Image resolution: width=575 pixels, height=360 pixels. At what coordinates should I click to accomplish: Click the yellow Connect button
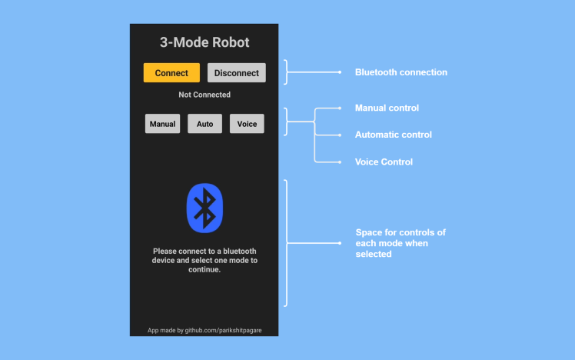pos(171,73)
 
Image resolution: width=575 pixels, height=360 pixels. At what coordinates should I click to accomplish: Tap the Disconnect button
pos(237,73)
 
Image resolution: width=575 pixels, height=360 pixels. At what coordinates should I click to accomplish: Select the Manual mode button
pos(163,124)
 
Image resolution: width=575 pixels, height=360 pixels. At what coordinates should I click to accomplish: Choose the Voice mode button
pos(248,124)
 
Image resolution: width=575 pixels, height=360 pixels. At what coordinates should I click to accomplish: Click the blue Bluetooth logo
pos(204,208)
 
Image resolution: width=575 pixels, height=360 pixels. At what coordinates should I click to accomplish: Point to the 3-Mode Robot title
pos(204,43)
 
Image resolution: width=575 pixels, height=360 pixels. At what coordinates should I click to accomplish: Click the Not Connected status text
pos(204,95)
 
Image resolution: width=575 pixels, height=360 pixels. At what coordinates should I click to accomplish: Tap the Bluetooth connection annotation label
pos(401,72)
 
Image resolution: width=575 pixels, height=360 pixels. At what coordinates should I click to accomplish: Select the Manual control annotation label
pos(387,108)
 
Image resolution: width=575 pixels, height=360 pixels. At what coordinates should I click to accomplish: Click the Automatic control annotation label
pos(393,135)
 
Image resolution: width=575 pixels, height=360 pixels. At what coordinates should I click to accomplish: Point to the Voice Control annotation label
pos(384,162)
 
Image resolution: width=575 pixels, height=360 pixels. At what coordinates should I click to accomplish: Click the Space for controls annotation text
pos(400,243)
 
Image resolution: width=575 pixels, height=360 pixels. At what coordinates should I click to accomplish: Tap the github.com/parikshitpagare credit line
pos(204,330)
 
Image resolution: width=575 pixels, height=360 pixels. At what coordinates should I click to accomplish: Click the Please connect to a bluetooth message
pos(204,260)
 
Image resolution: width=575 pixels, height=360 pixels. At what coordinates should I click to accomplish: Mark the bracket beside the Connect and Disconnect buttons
pos(287,72)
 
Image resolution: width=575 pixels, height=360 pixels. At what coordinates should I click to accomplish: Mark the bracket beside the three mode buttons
pos(287,122)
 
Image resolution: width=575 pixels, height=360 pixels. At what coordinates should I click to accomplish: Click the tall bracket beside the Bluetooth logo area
pos(287,243)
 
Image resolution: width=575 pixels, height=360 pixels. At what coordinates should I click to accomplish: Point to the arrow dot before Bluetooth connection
pos(340,72)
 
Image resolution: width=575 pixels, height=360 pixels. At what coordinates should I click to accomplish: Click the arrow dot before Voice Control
pos(340,162)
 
